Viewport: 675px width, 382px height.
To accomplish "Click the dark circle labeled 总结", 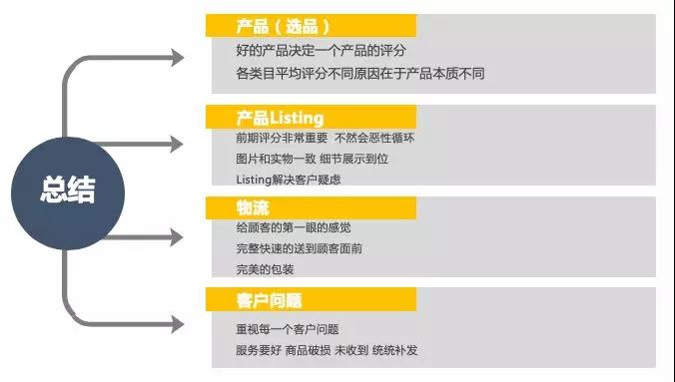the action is [68, 190].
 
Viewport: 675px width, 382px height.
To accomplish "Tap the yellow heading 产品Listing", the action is [280, 118].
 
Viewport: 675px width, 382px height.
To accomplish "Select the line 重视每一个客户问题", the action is [289, 329].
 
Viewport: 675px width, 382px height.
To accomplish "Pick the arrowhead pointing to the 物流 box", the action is [178, 236].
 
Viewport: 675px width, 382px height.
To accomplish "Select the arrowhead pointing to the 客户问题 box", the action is [178, 324].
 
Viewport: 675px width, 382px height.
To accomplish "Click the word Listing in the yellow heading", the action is [296, 118].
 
